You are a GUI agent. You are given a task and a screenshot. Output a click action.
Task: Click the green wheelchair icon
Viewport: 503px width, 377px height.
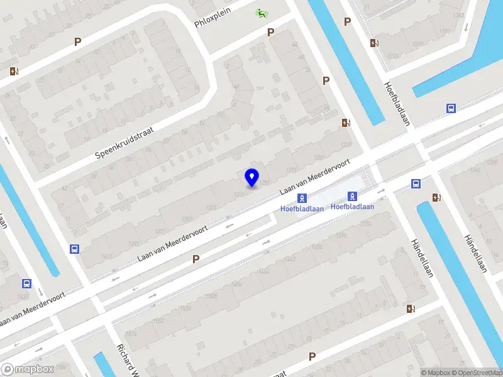coord(260,12)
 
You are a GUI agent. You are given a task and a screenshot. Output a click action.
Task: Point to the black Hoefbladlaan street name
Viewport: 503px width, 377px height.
coord(397,104)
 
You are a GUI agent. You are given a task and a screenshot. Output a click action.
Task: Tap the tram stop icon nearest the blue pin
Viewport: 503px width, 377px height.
coord(302,199)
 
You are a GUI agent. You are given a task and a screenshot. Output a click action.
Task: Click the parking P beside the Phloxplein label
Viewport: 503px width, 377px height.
coord(271,32)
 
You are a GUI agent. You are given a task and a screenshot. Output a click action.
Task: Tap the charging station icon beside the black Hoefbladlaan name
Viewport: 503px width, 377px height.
coord(375,43)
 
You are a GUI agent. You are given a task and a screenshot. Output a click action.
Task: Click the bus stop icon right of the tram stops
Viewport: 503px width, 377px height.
coord(416,183)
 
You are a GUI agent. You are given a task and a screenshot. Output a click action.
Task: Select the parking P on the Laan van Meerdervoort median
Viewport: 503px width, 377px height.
coord(196,258)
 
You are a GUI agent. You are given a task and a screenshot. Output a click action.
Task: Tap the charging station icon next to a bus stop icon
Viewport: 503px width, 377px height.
coord(436,198)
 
